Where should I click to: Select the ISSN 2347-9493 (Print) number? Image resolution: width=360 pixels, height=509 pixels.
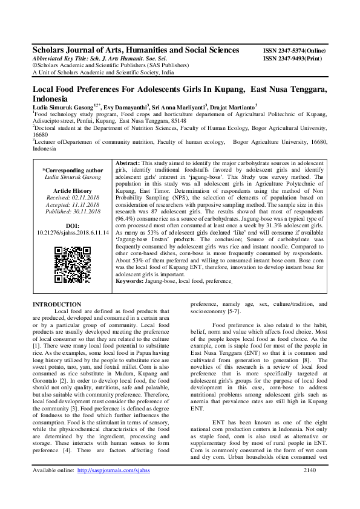point(293,58)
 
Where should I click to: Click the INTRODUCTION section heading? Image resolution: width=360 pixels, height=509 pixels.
point(56,304)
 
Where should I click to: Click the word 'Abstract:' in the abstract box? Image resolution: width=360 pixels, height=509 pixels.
point(127,164)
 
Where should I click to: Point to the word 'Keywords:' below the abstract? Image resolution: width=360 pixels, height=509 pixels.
point(129,281)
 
